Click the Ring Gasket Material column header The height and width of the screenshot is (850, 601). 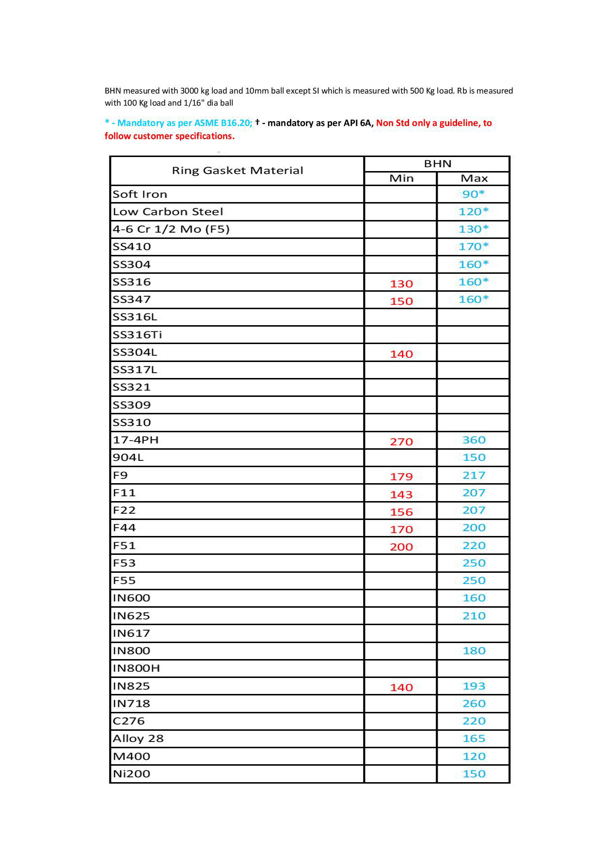pyautogui.click(x=237, y=171)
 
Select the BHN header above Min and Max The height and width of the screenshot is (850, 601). pyautogui.click(x=438, y=164)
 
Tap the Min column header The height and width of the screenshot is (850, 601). pyautogui.click(x=401, y=178)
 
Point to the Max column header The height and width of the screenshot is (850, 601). pyautogui.click(x=474, y=178)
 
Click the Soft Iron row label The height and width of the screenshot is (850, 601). pyautogui.click(x=140, y=194)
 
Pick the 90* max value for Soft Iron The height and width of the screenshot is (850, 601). pyautogui.click(x=474, y=194)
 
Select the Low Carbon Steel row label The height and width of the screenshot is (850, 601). pyautogui.click(x=168, y=212)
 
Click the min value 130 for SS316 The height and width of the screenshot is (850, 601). pyautogui.click(x=401, y=284)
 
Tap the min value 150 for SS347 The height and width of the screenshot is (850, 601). pyautogui.click(x=401, y=301)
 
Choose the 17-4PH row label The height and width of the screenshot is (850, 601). pyautogui.click(x=136, y=440)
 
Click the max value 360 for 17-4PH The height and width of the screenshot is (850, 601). pyautogui.click(x=474, y=440)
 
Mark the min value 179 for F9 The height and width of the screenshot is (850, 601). pyautogui.click(x=401, y=477)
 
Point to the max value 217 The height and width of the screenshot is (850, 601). pyautogui.click(x=474, y=475)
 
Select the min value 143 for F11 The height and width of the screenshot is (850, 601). pyautogui.click(x=401, y=495)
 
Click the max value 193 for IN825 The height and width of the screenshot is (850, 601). pyautogui.click(x=474, y=686)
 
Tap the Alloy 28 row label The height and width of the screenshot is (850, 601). pyautogui.click(x=138, y=739)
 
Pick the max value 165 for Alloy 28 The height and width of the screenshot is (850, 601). pyautogui.click(x=474, y=739)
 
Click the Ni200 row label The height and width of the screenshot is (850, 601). pyautogui.click(x=131, y=774)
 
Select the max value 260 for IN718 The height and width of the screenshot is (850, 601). pyautogui.click(x=474, y=704)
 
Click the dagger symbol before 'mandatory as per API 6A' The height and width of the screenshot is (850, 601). pyautogui.click(x=257, y=122)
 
